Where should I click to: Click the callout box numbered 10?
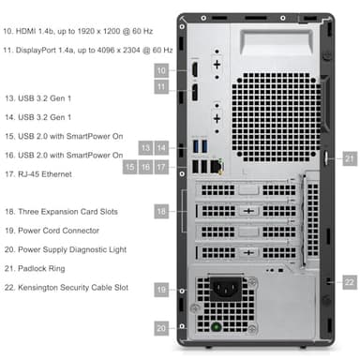point(161,70)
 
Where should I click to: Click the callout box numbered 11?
point(161,87)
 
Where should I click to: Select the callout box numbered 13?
point(145,148)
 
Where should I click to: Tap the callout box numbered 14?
point(161,148)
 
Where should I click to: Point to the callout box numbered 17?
point(161,167)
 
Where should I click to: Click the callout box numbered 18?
point(161,214)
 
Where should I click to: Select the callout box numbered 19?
point(161,292)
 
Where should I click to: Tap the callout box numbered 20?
point(161,328)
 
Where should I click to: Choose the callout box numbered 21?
point(349,158)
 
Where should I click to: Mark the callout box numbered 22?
point(349,281)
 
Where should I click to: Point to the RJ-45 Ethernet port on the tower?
point(217,166)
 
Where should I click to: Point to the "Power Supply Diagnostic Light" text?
point(73,249)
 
